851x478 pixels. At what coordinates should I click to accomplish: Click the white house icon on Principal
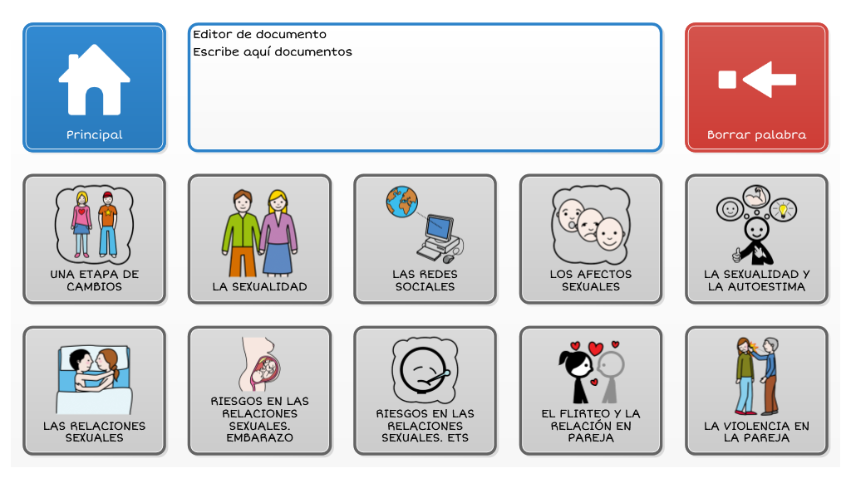click(95, 80)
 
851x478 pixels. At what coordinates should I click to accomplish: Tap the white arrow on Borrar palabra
click(769, 80)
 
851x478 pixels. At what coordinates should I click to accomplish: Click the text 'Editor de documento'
click(259, 34)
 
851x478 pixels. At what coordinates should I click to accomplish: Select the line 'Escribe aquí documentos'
click(273, 51)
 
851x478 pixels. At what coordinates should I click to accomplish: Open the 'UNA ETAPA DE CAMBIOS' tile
click(95, 238)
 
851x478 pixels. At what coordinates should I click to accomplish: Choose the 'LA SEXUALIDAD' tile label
click(259, 286)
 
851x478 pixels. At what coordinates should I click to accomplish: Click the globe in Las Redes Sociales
click(402, 202)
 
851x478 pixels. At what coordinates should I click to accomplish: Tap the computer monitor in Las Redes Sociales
click(439, 228)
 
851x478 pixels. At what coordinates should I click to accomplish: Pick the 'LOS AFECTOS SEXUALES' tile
click(591, 238)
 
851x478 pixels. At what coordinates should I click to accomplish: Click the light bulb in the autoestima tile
click(783, 209)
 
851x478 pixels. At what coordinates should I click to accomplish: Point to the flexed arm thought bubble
click(756, 196)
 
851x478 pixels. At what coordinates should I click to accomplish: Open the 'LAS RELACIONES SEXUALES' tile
click(95, 390)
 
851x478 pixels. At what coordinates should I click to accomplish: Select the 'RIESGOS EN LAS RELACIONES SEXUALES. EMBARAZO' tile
click(259, 390)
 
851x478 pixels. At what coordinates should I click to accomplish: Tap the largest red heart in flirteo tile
click(596, 349)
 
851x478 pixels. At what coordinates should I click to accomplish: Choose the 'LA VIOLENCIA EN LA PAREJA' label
click(756, 432)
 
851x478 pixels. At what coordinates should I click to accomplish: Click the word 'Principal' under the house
click(95, 135)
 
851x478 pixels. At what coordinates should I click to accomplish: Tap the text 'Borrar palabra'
click(756, 135)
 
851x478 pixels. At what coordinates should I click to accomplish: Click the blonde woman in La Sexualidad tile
click(278, 232)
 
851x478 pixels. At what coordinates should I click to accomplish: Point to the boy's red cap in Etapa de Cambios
click(107, 195)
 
